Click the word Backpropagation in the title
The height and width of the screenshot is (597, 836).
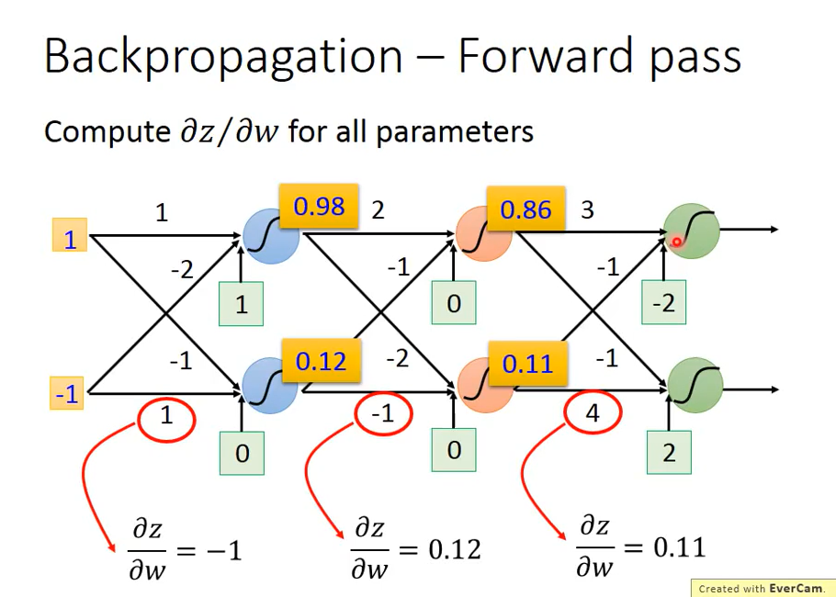pos(223,57)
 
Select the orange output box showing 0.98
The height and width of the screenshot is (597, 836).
pos(319,207)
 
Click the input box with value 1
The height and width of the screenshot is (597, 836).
pos(69,240)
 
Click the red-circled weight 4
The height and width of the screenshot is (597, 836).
pos(593,414)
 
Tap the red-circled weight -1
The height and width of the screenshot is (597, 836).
pos(382,415)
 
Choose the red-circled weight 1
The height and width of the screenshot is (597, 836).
pos(166,417)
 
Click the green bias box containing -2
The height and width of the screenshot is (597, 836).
pos(663,303)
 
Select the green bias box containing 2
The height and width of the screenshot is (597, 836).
pos(668,452)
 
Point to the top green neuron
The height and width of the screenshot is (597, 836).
pos(692,230)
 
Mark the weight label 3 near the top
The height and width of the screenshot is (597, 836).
pos(587,210)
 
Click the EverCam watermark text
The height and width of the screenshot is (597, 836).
pos(762,588)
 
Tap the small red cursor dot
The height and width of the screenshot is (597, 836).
pos(677,242)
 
